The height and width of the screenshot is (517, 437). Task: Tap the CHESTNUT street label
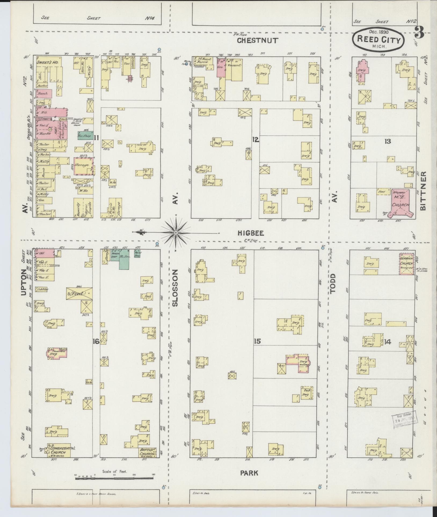point(258,41)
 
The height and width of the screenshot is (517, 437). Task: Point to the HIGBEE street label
point(250,233)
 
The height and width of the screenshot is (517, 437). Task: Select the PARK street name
point(249,473)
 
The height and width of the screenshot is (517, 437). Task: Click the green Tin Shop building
point(85,135)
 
